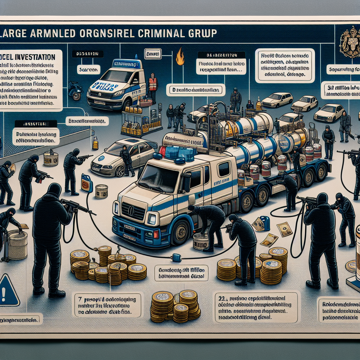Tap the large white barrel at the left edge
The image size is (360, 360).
(17, 244)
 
